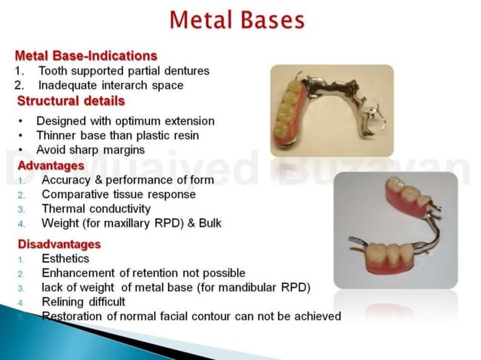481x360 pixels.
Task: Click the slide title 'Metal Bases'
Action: click(x=237, y=20)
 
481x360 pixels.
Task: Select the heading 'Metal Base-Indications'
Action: click(x=86, y=56)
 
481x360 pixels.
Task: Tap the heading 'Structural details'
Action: click(x=71, y=100)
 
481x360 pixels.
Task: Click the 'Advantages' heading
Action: click(x=51, y=165)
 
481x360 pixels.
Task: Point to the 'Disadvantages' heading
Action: click(x=59, y=244)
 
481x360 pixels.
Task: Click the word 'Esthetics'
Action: click(x=66, y=258)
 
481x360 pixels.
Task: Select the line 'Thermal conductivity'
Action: click(x=96, y=209)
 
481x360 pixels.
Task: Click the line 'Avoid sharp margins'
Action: click(x=90, y=150)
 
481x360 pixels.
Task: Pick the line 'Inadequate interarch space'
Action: click(x=111, y=85)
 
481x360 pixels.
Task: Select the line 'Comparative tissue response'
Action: click(x=118, y=194)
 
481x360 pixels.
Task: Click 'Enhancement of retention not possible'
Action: click(x=143, y=273)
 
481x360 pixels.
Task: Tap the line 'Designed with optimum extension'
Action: click(x=125, y=121)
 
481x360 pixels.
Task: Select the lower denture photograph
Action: click(x=395, y=230)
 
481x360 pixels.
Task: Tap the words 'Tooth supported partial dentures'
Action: click(x=124, y=71)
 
